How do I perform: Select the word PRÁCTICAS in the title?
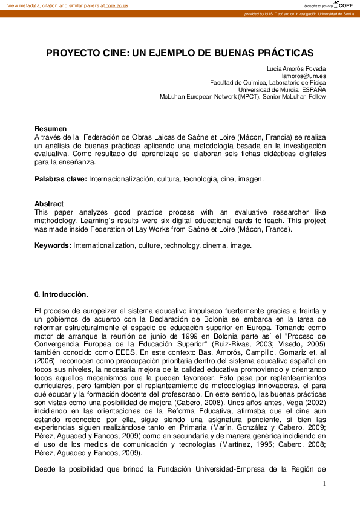pyautogui.click(x=286, y=53)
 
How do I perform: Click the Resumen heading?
pyautogui.click(x=50, y=129)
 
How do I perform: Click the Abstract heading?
pyautogui.click(x=49, y=204)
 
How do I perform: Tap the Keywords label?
pyautogui.click(x=53, y=246)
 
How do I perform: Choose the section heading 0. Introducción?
pyautogui.click(x=62, y=294)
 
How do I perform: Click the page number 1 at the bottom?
pyautogui.click(x=324, y=484)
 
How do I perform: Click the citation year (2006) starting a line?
pyautogui.click(x=45, y=361)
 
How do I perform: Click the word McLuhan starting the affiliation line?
pyautogui.click(x=173, y=96)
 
